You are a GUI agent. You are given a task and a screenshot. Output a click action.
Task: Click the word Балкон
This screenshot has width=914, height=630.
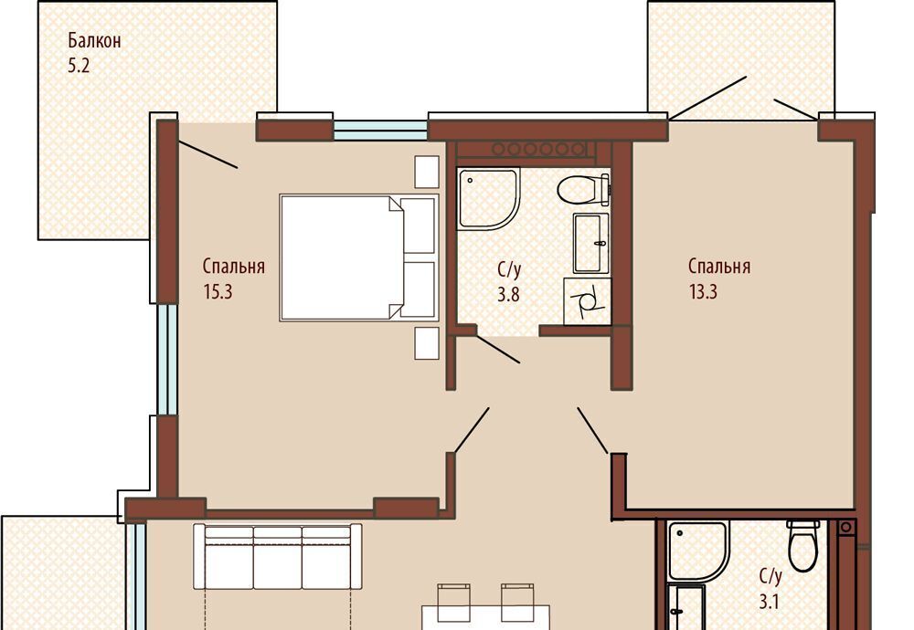pos(94,41)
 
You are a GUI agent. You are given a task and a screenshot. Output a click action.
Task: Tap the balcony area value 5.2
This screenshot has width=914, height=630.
pos(79,66)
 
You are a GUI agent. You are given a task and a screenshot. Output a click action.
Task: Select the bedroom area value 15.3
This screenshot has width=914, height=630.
pos(218,291)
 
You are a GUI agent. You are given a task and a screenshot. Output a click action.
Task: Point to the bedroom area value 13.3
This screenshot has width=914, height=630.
pos(703,291)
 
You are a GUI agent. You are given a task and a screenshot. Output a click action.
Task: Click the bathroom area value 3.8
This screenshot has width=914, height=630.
pos(508,295)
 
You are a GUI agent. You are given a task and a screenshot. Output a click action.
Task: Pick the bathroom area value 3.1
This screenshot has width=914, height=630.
pos(770,601)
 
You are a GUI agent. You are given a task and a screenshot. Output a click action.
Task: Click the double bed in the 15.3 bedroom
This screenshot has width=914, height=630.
pos(358,257)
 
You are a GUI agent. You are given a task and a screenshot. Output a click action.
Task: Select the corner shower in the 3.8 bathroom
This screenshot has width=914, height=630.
pos(488,199)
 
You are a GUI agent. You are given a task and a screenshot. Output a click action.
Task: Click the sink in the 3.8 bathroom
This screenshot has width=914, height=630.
pos(591,243)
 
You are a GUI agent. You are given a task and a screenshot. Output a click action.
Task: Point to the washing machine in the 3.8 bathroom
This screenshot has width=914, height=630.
pos(588,301)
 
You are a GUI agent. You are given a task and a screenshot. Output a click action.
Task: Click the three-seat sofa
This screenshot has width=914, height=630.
pos(278,557)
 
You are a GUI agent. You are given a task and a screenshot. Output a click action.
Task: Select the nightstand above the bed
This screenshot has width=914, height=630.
pos(427,172)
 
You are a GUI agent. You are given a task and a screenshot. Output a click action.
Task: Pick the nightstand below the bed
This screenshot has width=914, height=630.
pos(427,343)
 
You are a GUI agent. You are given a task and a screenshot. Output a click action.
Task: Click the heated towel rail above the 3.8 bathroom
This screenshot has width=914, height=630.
pos(537,150)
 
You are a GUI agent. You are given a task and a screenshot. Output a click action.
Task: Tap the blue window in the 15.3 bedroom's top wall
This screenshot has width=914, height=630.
pos(380,131)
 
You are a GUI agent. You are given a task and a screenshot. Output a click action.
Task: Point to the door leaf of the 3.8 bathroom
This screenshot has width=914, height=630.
pos(498,350)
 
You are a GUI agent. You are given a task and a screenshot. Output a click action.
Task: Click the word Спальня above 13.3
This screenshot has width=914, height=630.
pos(719,266)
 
